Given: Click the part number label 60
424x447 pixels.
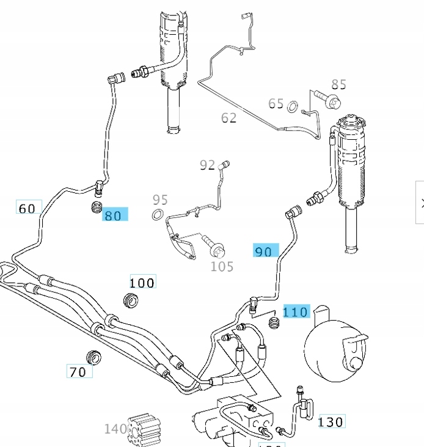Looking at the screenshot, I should click(27, 208).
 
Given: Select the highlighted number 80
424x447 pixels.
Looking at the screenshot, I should click(114, 215).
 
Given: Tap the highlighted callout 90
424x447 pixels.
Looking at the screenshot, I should click(265, 251).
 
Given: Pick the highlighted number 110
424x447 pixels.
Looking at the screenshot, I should click(296, 312).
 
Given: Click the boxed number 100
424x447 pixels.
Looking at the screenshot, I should click(142, 282).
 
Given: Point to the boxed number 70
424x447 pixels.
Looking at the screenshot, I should click(79, 371).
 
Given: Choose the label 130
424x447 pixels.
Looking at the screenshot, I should click(331, 421).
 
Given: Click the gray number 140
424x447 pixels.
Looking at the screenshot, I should click(115, 429).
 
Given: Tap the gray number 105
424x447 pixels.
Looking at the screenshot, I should click(222, 266).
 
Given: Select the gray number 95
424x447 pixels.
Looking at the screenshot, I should click(160, 200).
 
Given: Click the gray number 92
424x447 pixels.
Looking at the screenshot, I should click(208, 165).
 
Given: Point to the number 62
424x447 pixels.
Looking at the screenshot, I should click(228, 117).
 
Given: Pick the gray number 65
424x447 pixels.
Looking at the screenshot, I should click(276, 103).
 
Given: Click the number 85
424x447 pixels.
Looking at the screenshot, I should click(338, 84).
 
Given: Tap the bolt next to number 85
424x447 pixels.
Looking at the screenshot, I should click(327, 96).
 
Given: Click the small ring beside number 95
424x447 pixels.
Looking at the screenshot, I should click(158, 214).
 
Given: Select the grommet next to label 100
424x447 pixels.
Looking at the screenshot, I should click(130, 300).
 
